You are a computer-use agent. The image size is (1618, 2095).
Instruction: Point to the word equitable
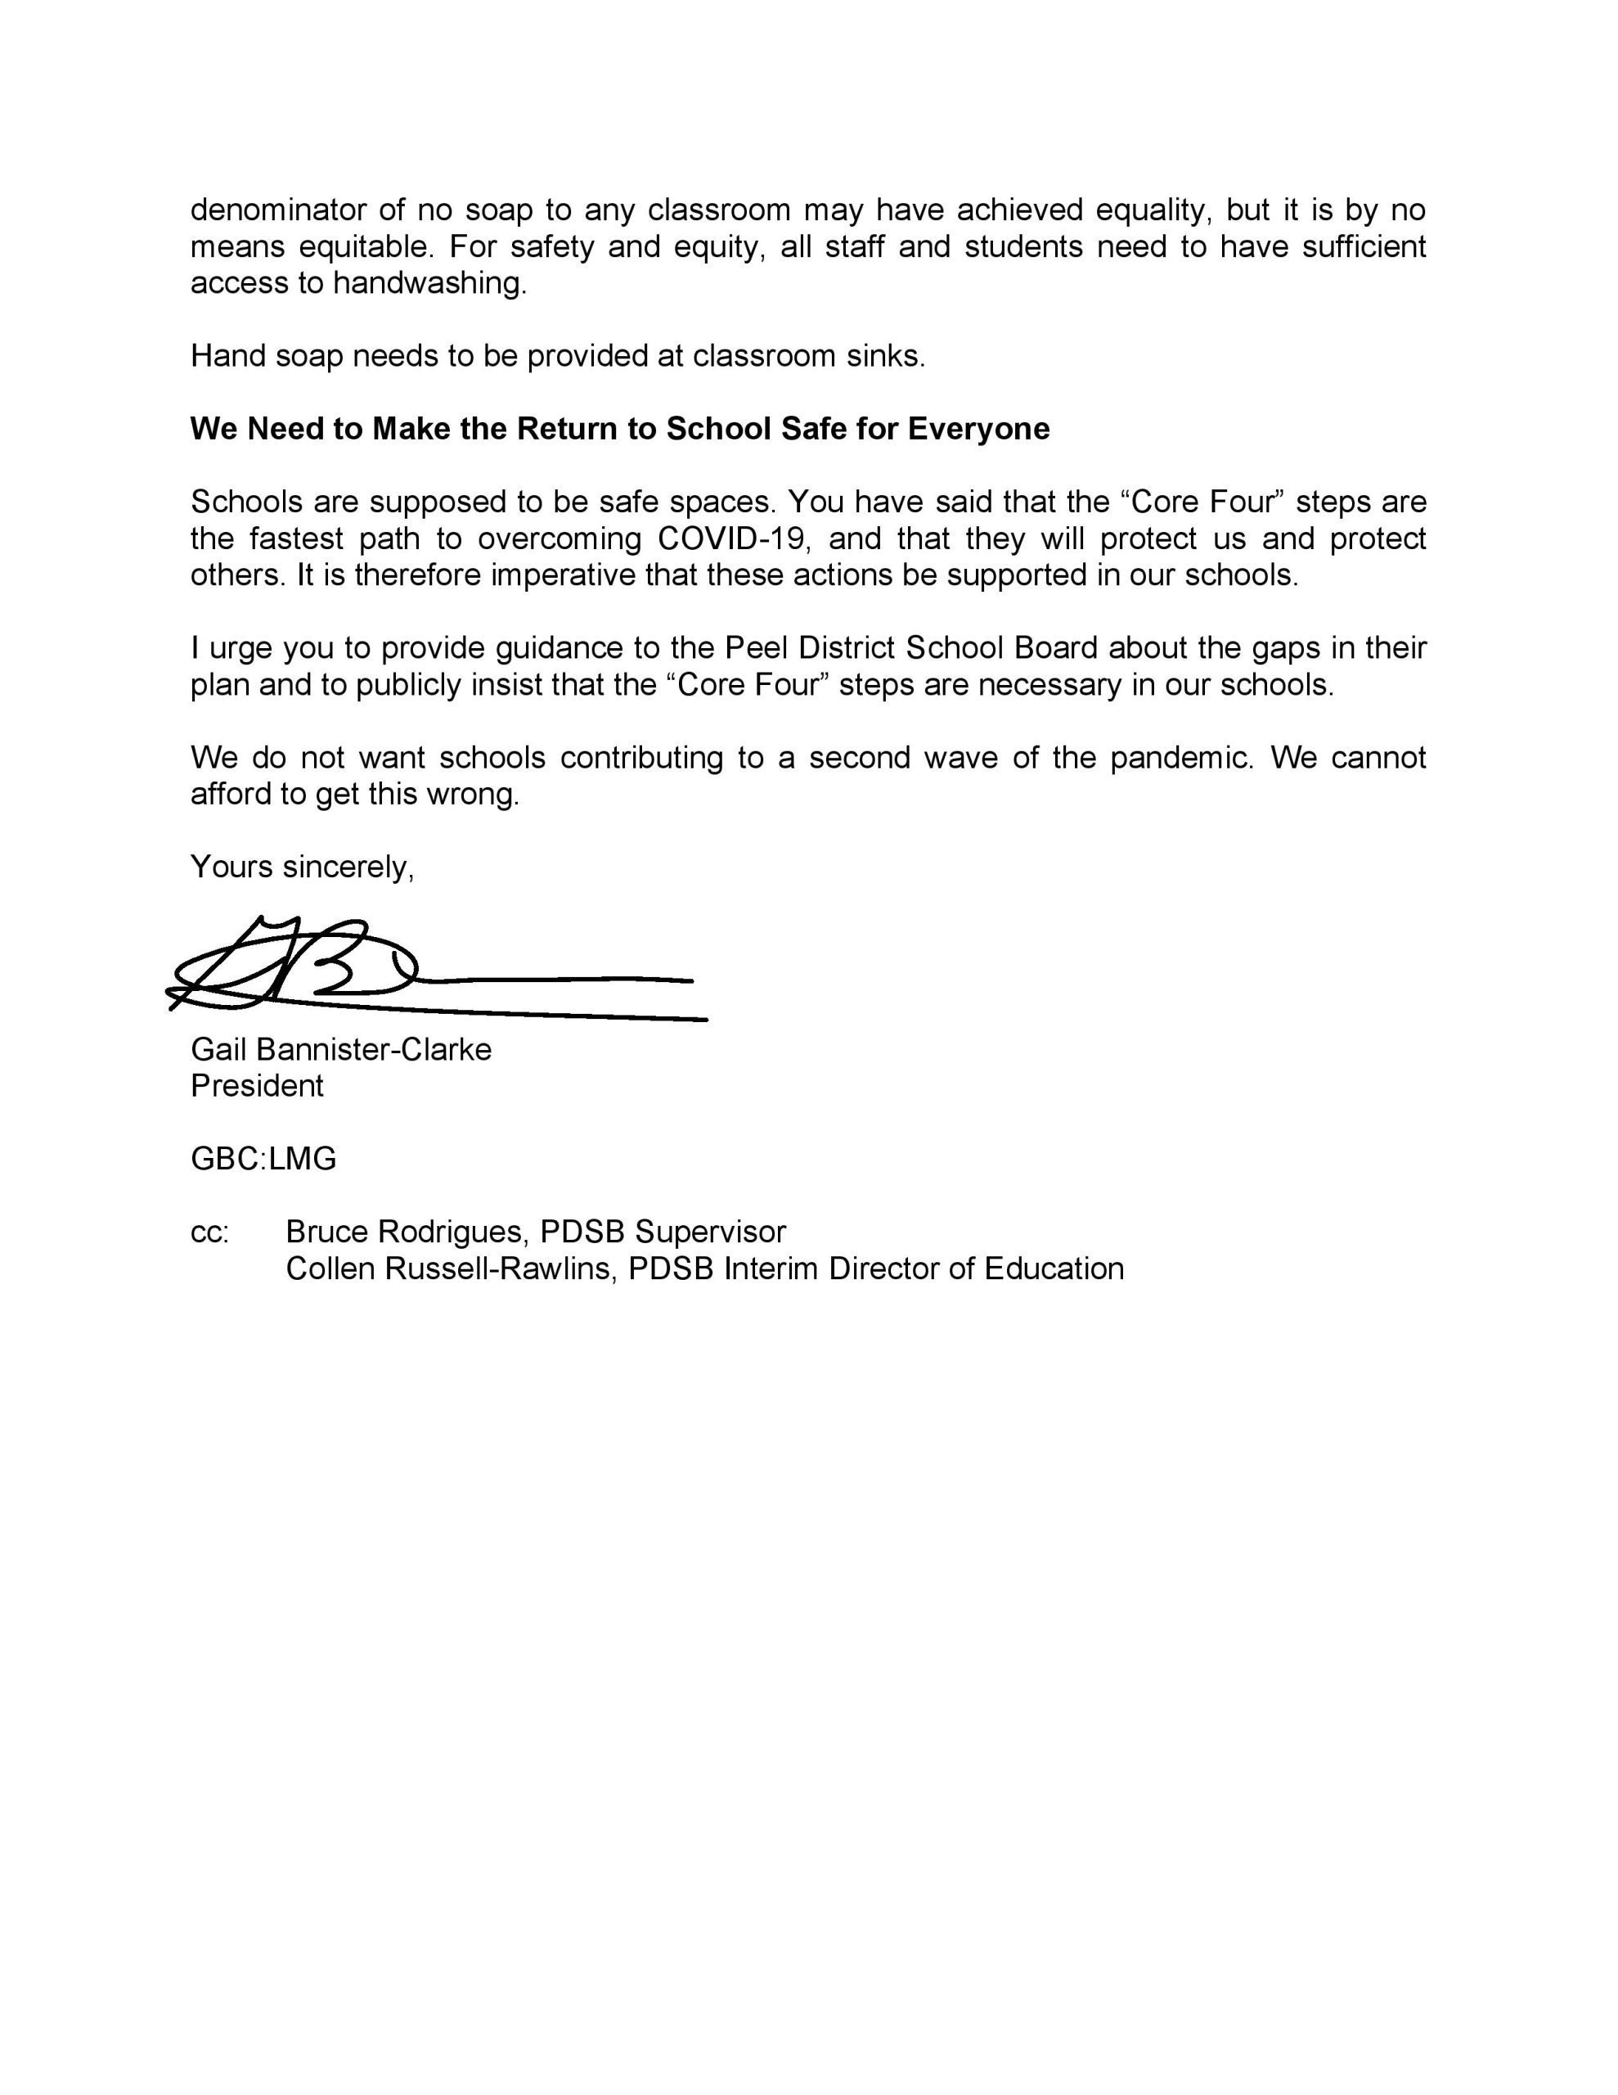(x=360, y=246)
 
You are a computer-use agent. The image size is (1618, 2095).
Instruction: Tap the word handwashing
(x=429, y=283)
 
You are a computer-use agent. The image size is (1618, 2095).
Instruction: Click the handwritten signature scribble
(x=317, y=969)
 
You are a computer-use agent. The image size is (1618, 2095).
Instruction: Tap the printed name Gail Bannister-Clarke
(x=340, y=1048)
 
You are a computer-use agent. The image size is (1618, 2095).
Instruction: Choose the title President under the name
(x=257, y=1085)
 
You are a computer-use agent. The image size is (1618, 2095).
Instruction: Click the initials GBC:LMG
(x=263, y=1159)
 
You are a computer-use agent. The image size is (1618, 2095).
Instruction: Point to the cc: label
(x=210, y=1232)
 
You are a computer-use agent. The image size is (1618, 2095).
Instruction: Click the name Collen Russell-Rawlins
(x=448, y=1268)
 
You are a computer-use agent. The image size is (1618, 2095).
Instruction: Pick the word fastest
(x=293, y=538)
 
